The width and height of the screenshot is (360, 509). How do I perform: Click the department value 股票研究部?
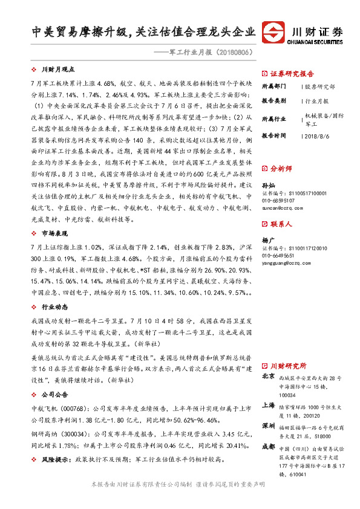pos(317,87)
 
